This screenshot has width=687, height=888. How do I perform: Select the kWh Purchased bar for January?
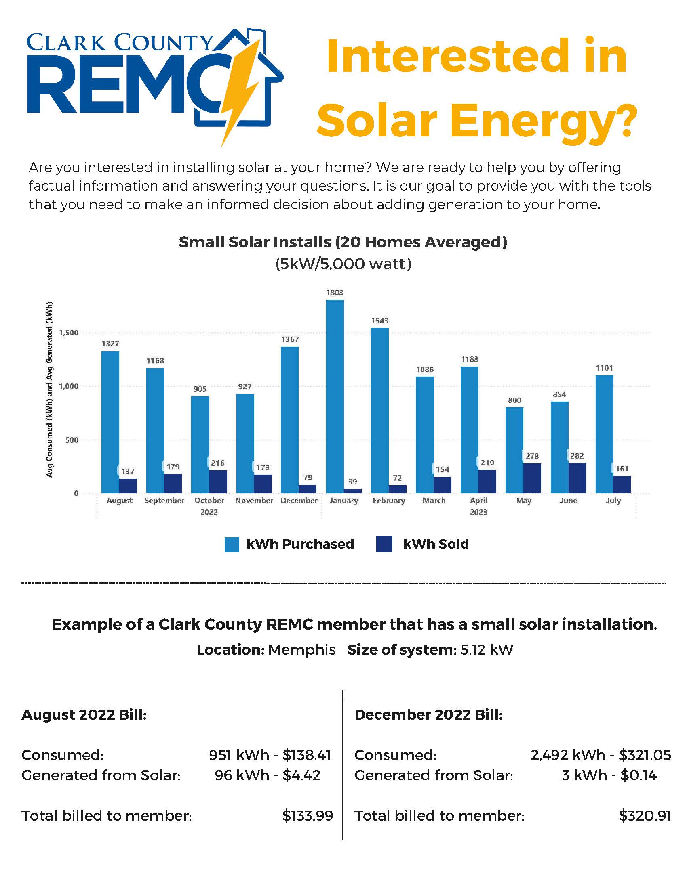click(335, 396)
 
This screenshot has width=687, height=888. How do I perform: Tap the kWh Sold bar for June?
click(577, 478)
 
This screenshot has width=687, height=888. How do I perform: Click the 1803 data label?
click(335, 292)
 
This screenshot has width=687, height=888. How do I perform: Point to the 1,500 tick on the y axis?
click(68, 333)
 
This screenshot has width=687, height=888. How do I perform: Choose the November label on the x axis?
click(254, 501)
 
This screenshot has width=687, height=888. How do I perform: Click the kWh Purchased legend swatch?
click(232, 544)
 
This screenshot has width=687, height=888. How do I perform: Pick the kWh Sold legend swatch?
click(385, 544)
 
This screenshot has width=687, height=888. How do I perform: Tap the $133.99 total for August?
click(307, 815)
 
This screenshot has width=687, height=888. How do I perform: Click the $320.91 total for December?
click(645, 815)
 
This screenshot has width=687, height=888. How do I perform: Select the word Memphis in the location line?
click(301, 650)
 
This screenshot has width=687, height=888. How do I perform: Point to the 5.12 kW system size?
click(486, 650)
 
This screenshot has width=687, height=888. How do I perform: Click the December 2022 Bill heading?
click(428, 714)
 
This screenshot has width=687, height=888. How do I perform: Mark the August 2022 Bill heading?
click(84, 714)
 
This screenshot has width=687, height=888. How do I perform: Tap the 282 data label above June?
click(577, 456)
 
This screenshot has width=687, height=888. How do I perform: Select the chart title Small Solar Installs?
click(343, 242)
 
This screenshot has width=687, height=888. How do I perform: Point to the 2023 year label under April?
click(478, 512)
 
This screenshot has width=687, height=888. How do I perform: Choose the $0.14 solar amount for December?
click(638, 775)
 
